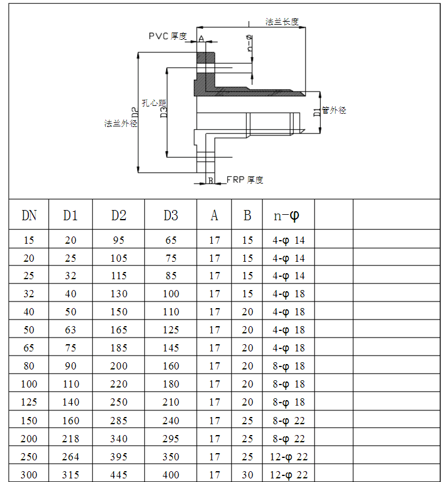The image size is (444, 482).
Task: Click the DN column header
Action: [29, 215]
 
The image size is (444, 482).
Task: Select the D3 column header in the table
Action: [171, 215]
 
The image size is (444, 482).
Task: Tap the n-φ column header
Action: [287, 215]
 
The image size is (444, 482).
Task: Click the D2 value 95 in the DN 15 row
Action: [119, 240]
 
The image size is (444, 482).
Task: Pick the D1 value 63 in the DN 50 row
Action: [70, 330]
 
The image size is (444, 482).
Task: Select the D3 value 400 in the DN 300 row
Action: [171, 475]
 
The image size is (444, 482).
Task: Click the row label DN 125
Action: [29, 402]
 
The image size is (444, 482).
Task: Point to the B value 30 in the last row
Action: [247, 475]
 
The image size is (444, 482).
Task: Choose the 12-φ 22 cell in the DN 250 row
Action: [289, 457]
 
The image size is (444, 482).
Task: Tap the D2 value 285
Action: [119, 420]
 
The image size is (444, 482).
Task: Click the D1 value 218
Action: [70, 439]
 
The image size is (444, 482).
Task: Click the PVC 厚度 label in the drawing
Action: [168, 36]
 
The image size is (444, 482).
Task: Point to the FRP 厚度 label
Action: [244, 180]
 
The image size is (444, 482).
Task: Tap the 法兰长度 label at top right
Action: [282, 22]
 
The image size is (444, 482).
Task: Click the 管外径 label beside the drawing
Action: [334, 110]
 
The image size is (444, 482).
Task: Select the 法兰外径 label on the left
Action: [121, 123]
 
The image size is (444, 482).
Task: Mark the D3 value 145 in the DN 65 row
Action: [171, 348]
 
